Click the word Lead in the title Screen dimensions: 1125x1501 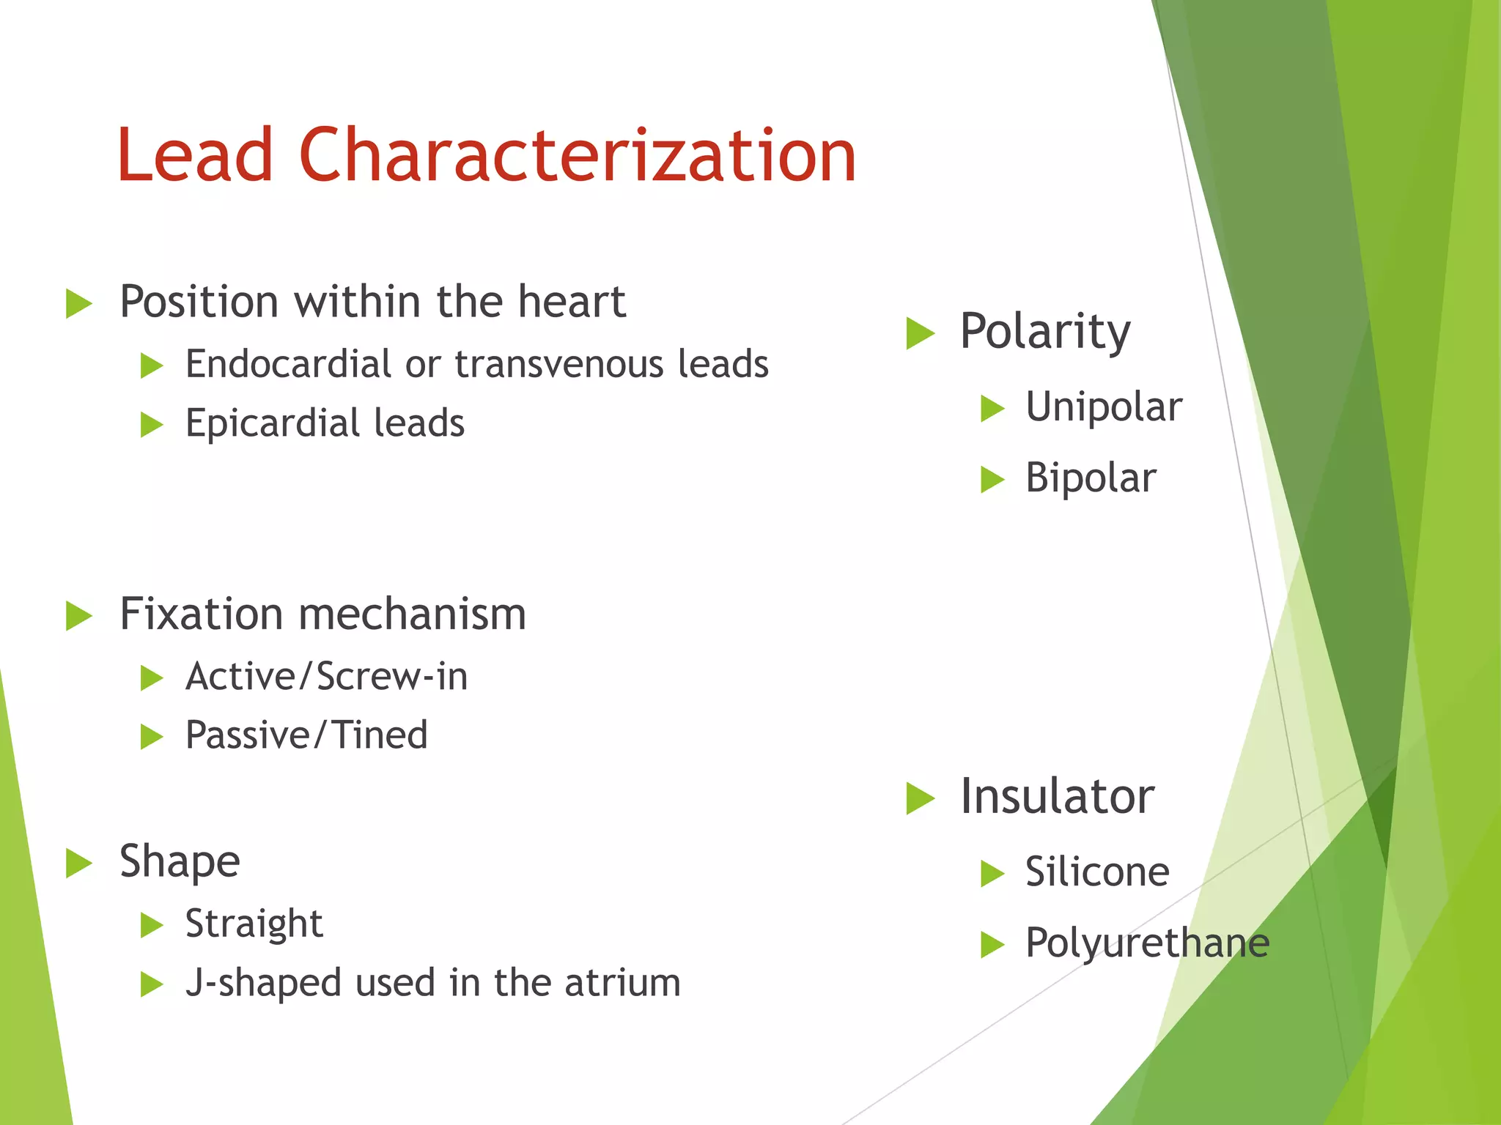click(195, 155)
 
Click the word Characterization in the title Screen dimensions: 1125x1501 click(577, 155)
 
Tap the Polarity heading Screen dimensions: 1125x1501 click(1044, 332)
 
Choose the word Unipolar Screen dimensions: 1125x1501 click(1103, 406)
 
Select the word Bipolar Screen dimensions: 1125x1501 click(1090, 478)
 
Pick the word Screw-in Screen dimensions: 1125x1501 click(393, 676)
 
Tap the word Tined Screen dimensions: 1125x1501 click(380, 735)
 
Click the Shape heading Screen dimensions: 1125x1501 click(180, 861)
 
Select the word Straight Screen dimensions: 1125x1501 click(254, 924)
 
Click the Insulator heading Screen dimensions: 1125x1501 click(1057, 796)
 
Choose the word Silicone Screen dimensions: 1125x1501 click(1096, 872)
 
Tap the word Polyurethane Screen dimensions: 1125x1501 click(1146, 943)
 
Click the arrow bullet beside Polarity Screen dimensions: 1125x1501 click(920, 333)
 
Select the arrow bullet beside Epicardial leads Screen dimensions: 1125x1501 click(151, 425)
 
